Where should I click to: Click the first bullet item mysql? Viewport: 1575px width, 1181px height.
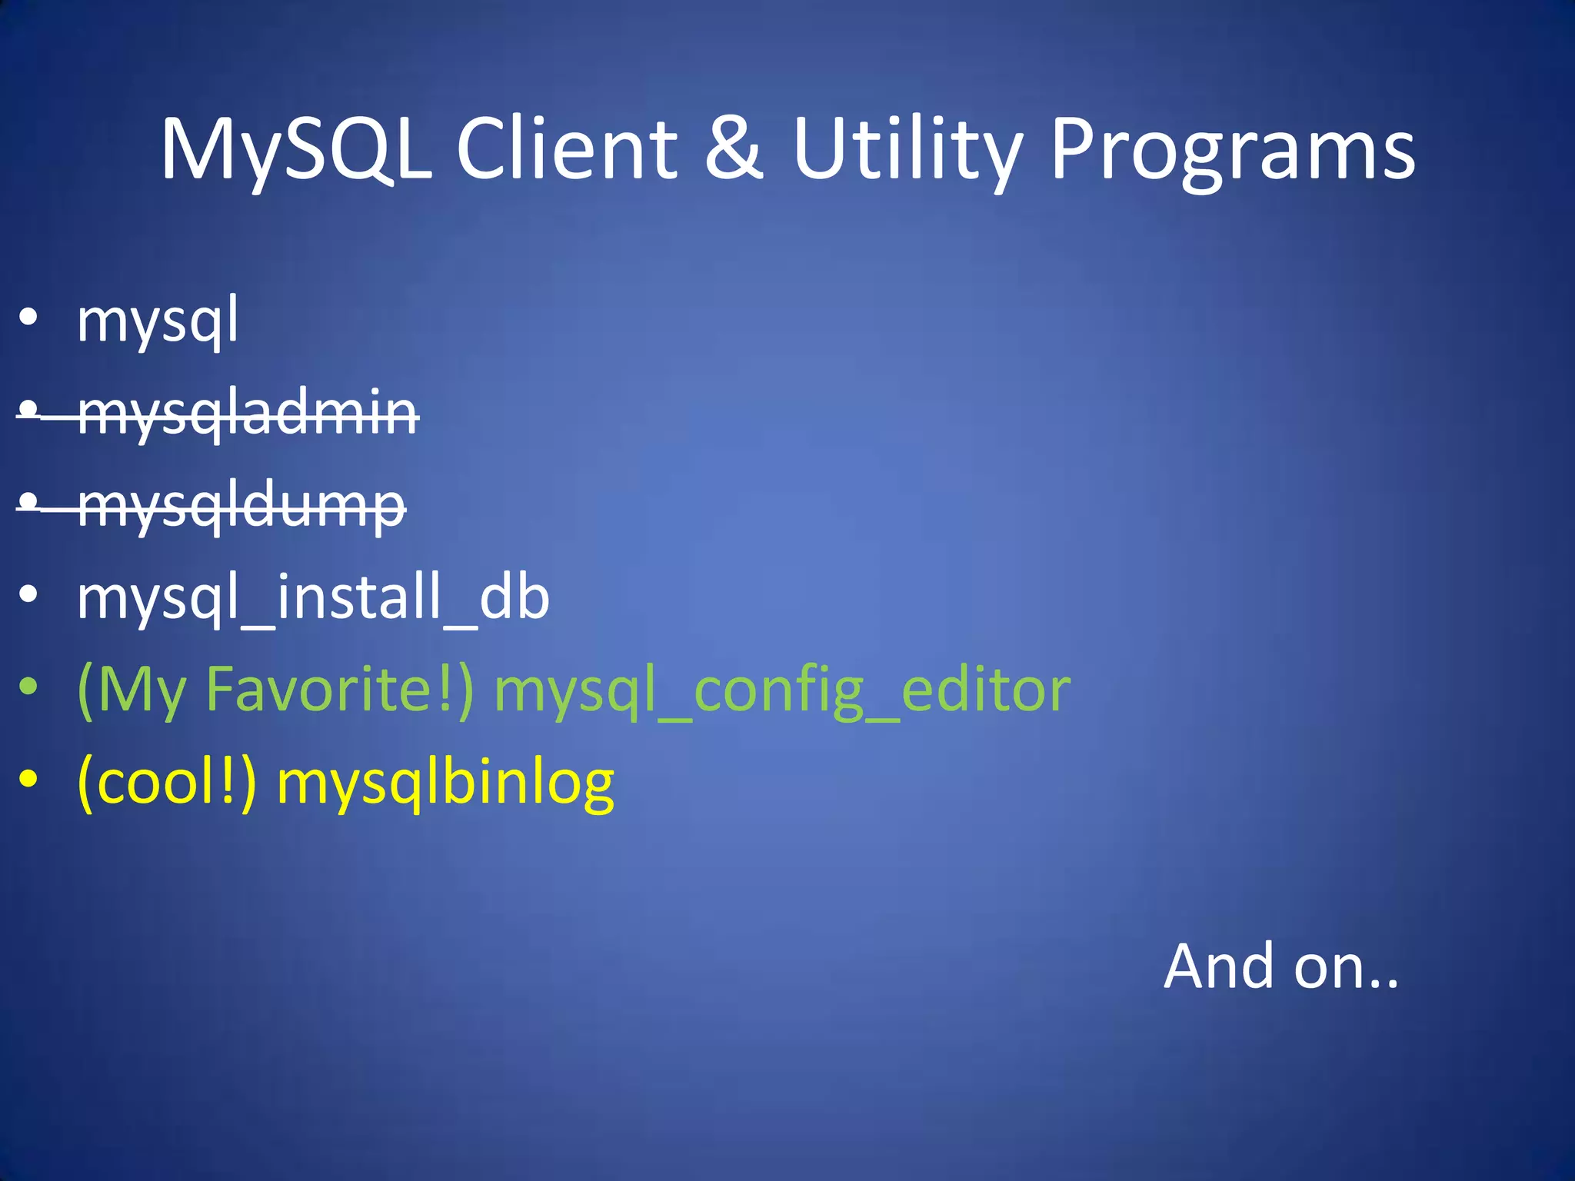pyautogui.click(x=158, y=321)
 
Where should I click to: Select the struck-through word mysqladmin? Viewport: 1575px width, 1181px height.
pyautogui.click(x=248, y=414)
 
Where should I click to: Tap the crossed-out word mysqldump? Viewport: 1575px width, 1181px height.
pyautogui.click(x=241, y=506)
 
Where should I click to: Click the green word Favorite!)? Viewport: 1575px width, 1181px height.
pyautogui.click(x=339, y=690)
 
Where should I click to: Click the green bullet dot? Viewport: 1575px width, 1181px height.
pyautogui.click(x=28, y=687)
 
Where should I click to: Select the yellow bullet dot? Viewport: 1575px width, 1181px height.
pyautogui.click(x=28, y=779)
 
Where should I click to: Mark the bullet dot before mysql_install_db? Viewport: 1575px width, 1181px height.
pyautogui.click(x=28, y=594)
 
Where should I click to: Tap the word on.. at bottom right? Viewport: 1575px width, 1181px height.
pyautogui.click(x=1346, y=967)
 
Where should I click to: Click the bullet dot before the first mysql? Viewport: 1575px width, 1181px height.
pyautogui.click(x=28, y=318)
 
